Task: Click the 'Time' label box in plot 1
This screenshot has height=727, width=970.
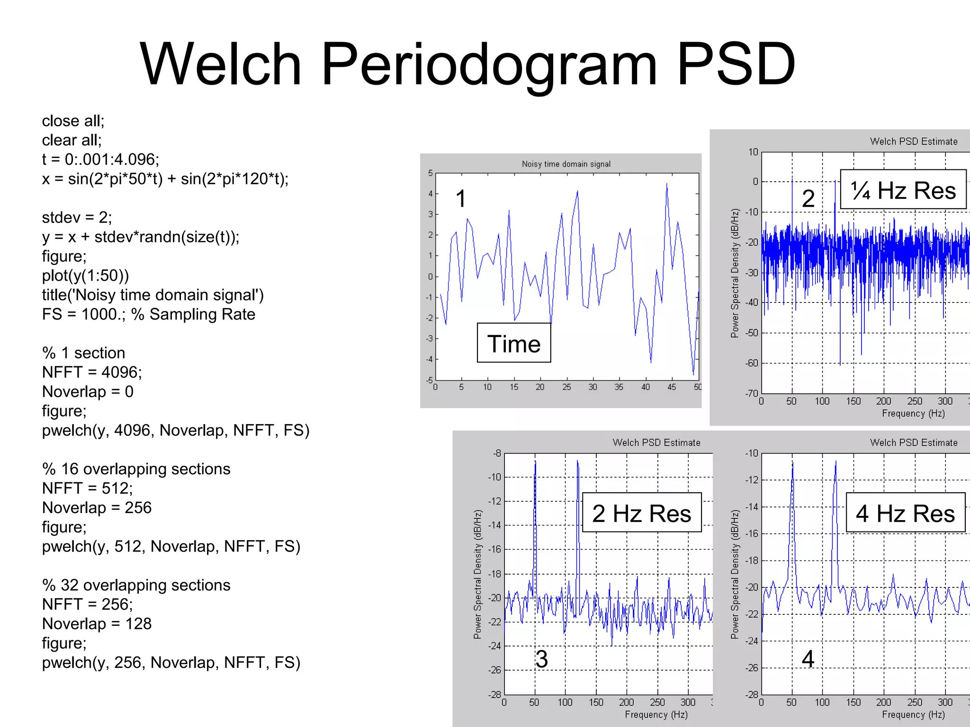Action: click(514, 343)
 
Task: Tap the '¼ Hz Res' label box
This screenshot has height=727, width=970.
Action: click(903, 190)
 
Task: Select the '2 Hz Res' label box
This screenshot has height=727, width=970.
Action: click(641, 513)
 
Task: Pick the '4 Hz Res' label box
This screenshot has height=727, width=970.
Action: click(905, 513)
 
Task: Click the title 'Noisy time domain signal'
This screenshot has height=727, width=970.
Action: click(566, 164)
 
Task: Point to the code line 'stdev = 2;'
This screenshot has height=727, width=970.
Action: click(77, 217)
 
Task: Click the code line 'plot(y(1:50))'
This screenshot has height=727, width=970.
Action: click(85, 275)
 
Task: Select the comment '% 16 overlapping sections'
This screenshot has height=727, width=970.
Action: click(136, 469)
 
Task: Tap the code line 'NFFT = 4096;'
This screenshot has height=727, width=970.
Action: click(92, 372)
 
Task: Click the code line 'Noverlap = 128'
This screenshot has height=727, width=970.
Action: click(97, 623)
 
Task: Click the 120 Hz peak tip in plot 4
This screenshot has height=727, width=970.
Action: click(835, 462)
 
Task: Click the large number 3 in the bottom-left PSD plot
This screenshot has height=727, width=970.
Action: click(541, 659)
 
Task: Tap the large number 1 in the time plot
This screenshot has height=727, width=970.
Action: click(461, 198)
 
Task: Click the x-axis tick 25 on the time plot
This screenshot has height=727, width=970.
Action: click(566, 387)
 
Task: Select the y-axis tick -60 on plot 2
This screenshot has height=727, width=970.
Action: click(752, 363)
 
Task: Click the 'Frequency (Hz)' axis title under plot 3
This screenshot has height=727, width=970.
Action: click(656, 714)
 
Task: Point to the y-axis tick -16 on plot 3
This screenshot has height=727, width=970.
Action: click(494, 549)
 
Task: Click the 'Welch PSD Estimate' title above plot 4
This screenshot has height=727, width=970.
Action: click(914, 443)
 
